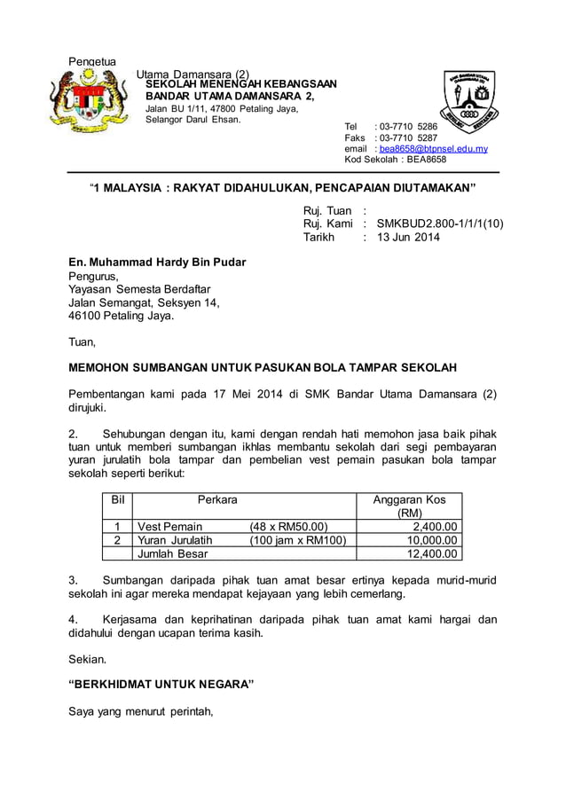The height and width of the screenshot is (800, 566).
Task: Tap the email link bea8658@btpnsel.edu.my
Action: coord(434,149)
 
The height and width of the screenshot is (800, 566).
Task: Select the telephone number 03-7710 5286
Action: coord(407,127)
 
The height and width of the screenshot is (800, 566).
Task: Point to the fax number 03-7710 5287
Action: coord(407,138)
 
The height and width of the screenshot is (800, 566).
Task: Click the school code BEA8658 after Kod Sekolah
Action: coord(426,160)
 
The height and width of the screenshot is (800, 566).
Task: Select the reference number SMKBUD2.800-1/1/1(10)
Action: coord(440,224)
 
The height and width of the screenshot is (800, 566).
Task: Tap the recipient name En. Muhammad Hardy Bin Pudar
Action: coord(158,263)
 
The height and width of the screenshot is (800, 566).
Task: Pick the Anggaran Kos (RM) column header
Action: coord(409,506)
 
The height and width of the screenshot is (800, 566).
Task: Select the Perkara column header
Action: coord(217,499)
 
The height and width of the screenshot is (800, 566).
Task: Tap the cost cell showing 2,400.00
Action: coord(432,526)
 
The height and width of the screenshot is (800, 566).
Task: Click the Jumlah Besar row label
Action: coord(172,553)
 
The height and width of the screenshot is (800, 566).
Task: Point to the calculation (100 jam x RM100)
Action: coord(297,539)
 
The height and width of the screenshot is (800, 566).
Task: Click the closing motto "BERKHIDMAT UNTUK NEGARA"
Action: coord(161,684)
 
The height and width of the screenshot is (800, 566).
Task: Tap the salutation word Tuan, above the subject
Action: coord(83,341)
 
